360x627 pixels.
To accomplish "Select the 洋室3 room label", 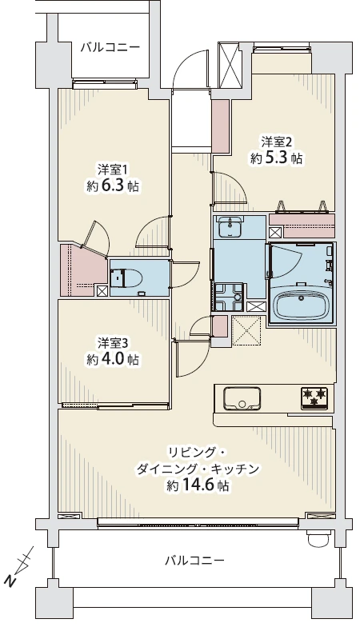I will pos(113,342).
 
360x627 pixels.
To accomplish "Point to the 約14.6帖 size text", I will pos(198,485).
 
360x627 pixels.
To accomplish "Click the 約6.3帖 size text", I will pos(113,186).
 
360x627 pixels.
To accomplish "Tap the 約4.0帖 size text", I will pos(113,359).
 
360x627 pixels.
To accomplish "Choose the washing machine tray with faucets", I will pos(228,297).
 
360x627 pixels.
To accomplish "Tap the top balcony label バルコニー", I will pos(110,47).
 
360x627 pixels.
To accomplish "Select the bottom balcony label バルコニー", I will pos(195,560).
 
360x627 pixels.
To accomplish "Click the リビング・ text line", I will pos(198,451).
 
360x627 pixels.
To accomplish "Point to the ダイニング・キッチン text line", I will pos(198,469).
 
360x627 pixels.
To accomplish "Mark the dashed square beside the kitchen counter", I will pos(246,330).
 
